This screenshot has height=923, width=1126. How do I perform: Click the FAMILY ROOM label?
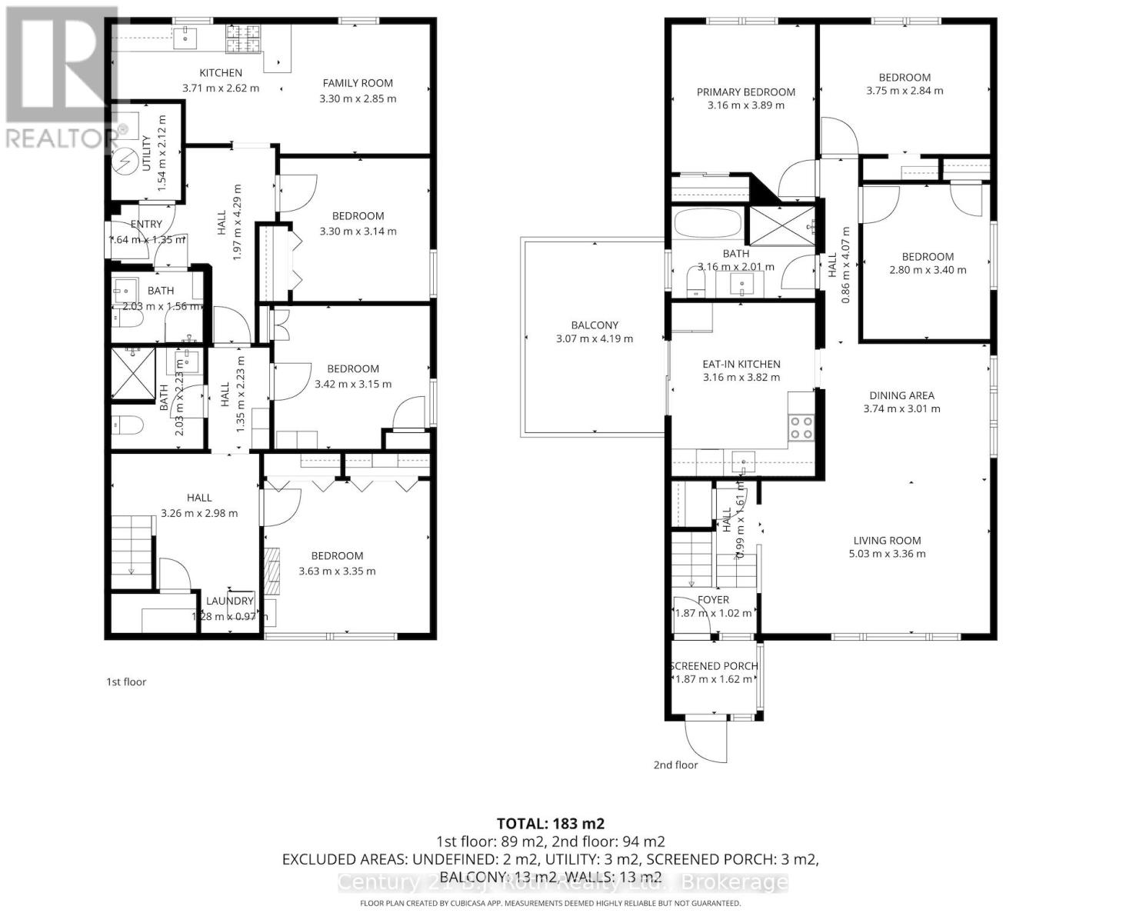click(x=358, y=83)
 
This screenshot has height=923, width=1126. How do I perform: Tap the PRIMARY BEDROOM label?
click(x=745, y=92)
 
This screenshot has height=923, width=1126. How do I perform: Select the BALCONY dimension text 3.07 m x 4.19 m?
click(x=594, y=338)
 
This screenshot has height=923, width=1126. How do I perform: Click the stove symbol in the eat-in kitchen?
click(x=801, y=427)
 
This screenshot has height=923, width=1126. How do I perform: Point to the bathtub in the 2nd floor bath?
click(x=708, y=225)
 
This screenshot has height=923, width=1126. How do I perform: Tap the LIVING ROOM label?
click(x=887, y=540)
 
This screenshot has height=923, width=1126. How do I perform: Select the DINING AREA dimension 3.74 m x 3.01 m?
click(x=901, y=408)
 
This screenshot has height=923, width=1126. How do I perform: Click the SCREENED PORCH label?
click(x=714, y=666)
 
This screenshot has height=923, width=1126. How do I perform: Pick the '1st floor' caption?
click(x=125, y=681)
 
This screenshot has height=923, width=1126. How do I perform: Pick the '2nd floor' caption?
click(x=675, y=765)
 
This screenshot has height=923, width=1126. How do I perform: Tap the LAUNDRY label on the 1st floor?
click(x=230, y=601)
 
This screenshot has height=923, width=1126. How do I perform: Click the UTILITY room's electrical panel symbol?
click(x=123, y=160)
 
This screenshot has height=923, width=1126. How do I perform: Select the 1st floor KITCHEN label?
click(x=221, y=72)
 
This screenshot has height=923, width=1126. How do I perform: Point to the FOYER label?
click(x=713, y=599)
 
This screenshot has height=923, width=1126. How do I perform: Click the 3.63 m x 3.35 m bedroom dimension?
click(x=337, y=571)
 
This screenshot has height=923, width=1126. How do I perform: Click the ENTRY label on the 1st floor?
click(x=146, y=224)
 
